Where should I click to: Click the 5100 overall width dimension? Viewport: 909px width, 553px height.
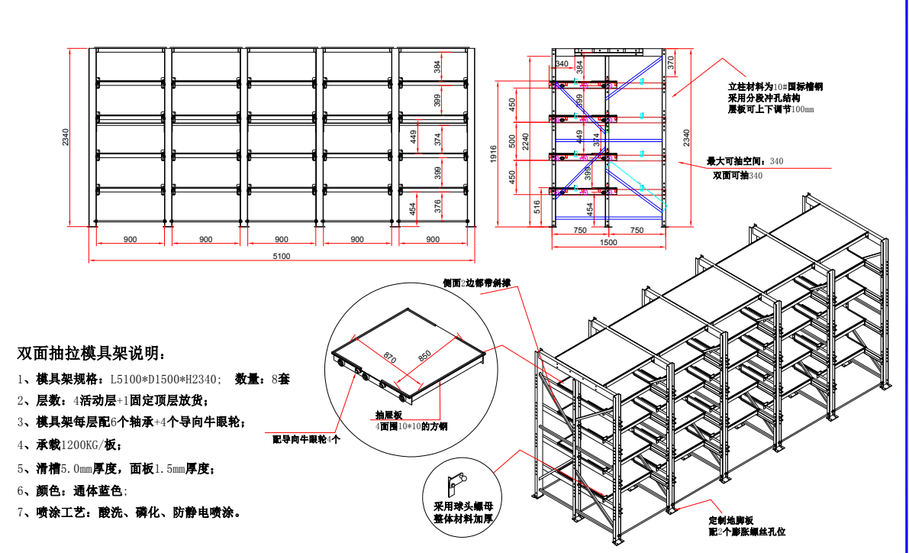282,257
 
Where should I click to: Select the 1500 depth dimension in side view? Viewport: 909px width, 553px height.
608,242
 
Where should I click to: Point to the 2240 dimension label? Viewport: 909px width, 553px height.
526,141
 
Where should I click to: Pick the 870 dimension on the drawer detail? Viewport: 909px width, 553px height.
389,356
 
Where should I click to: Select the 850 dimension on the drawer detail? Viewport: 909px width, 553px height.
424,354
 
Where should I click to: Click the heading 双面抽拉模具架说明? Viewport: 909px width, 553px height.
90,354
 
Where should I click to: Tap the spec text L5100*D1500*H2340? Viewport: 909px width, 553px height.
166,378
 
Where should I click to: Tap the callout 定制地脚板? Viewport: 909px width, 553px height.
732,519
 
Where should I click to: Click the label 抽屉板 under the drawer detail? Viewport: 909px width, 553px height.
388,415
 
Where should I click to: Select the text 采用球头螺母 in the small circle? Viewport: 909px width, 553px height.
463,506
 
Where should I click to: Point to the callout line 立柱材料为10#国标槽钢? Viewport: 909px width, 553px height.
775,88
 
